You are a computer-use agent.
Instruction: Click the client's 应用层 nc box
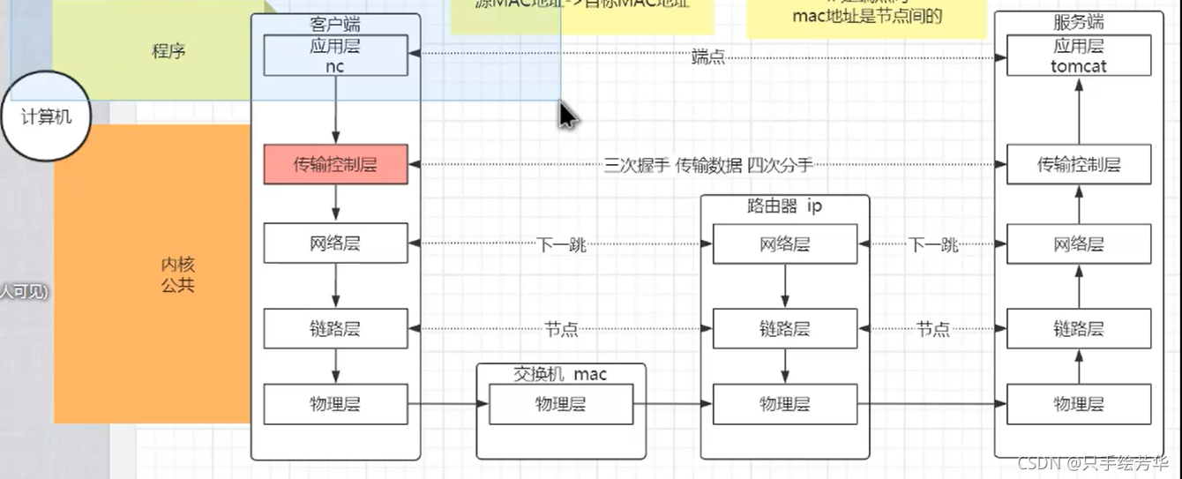pyautogui.click(x=335, y=56)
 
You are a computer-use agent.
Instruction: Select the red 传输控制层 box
pyautogui.click(x=335, y=165)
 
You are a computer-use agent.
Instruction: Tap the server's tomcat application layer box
pyautogui.click(x=1078, y=56)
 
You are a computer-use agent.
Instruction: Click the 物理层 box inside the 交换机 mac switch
pyautogui.click(x=560, y=404)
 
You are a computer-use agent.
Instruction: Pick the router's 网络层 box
pyautogui.click(x=784, y=243)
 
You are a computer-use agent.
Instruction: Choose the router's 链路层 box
pyautogui.click(x=784, y=329)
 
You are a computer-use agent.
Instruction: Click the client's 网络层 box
pyautogui.click(x=335, y=243)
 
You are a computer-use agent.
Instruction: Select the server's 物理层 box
pyautogui.click(x=1078, y=404)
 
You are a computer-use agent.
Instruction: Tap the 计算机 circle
pyautogui.click(x=46, y=116)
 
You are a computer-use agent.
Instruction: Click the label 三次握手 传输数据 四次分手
pyautogui.click(x=707, y=165)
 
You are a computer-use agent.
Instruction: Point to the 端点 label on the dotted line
pyautogui.click(x=708, y=57)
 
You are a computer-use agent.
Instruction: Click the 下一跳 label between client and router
pyautogui.click(x=561, y=244)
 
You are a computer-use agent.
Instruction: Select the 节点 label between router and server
pyautogui.click(x=932, y=329)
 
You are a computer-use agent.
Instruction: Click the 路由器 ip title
pyautogui.click(x=784, y=206)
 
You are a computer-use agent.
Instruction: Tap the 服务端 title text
pyautogui.click(x=1078, y=23)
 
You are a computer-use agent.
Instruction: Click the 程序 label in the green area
pyautogui.click(x=168, y=51)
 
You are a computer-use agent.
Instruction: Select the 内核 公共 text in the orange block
pyautogui.click(x=177, y=274)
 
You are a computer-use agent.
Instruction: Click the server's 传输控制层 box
pyautogui.click(x=1078, y=165)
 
